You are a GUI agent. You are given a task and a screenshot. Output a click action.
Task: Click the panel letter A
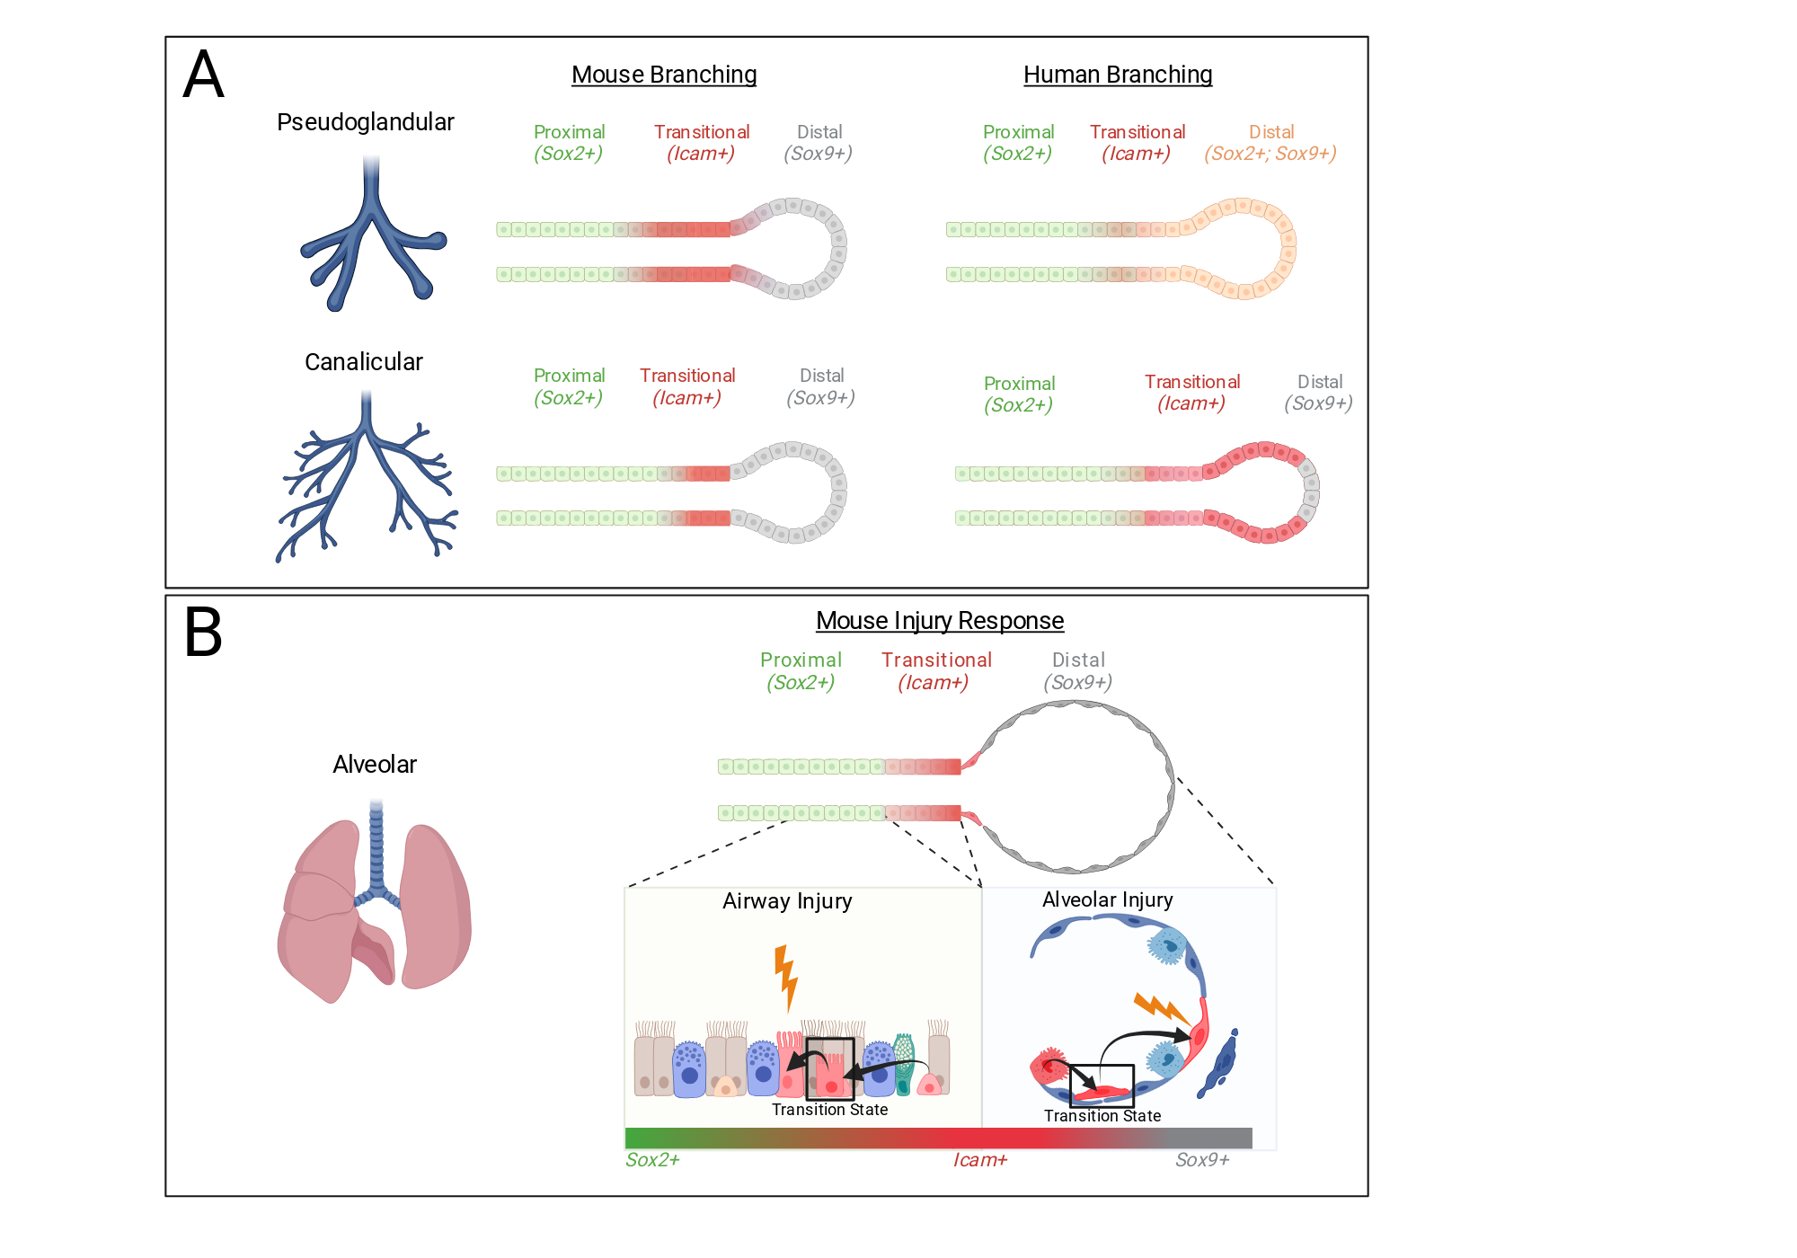(x=203, y=75)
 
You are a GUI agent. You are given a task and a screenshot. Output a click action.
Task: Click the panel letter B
(x=203, y=633)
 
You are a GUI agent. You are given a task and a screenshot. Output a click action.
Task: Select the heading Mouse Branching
(x=664, y=75)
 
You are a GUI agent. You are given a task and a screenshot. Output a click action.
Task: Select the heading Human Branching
(x=1118, y=75)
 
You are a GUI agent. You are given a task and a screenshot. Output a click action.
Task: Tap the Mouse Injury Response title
(x=940, y=621)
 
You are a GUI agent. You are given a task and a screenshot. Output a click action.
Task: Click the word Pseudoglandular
(x=366, y=122)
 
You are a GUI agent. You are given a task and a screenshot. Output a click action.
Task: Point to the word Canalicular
(x=364, y=362)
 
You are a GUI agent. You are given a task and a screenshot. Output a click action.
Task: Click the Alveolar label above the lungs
(x=375, y=765)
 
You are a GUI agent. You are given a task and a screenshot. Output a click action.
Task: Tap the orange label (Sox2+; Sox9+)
(x=1270, y=154)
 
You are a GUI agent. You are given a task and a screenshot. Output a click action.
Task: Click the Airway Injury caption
(x=787, y=901)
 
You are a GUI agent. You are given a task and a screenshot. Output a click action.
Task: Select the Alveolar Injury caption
(x=1108, y=900)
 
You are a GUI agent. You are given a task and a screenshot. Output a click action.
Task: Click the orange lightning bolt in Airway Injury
(x=786, y=978)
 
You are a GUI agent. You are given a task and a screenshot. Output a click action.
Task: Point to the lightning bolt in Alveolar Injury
(x=1162, y=1008)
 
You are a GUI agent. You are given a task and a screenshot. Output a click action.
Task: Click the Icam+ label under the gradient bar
(x=980, y=1160)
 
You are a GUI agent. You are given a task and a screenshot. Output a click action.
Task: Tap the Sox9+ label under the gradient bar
(x=1202, y=1160)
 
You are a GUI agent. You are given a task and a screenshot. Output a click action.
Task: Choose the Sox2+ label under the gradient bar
(x=652, y=1160)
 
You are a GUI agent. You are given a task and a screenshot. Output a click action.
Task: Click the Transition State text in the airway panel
(x=830, y=1110)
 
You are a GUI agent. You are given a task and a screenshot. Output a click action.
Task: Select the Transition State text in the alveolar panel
(x=1102, y=1116)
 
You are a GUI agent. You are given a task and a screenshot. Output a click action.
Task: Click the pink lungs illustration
(x=375, y=903)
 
